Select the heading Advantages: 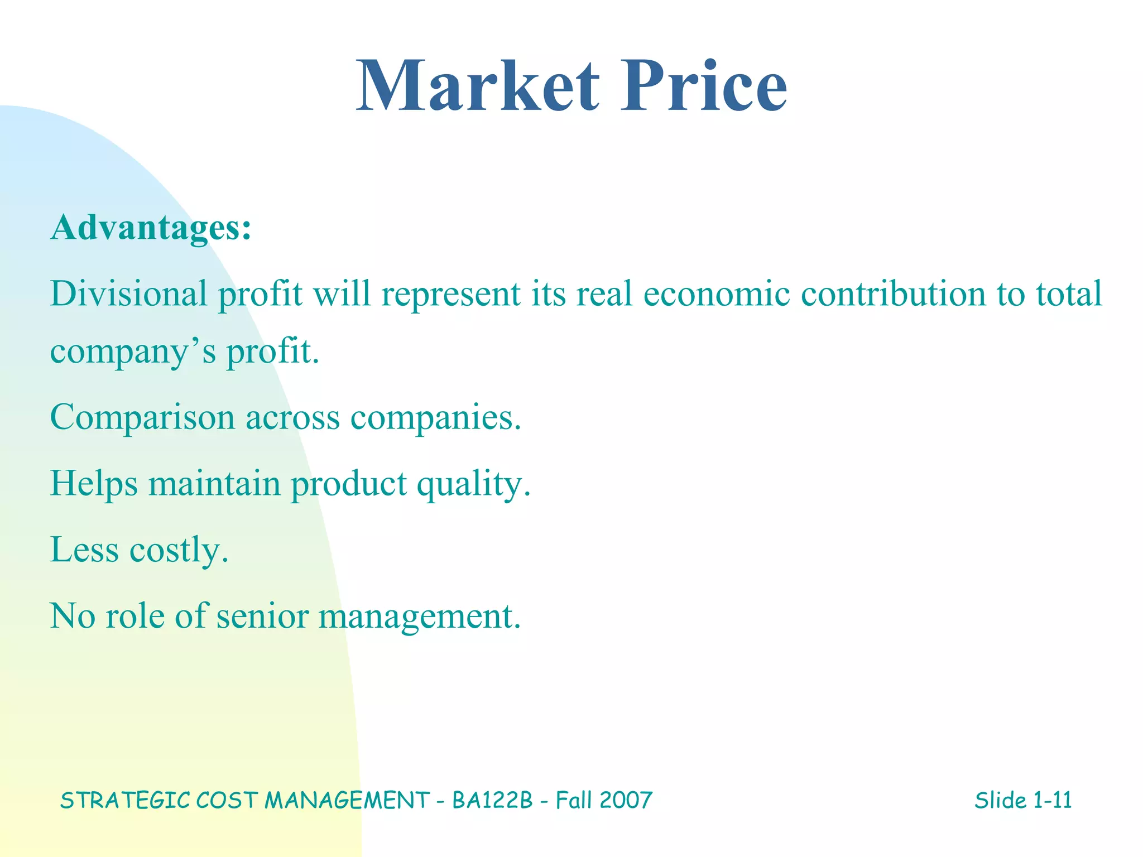tap(151, 228)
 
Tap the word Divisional tap(129, 293)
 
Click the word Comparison tap(142, 417)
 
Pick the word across tap(292, 417)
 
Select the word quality tap(474, 484)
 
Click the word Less tap(84, 550)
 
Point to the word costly tap(179, 551)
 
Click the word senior tap(262, 617)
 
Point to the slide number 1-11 tap(1052, 801)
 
